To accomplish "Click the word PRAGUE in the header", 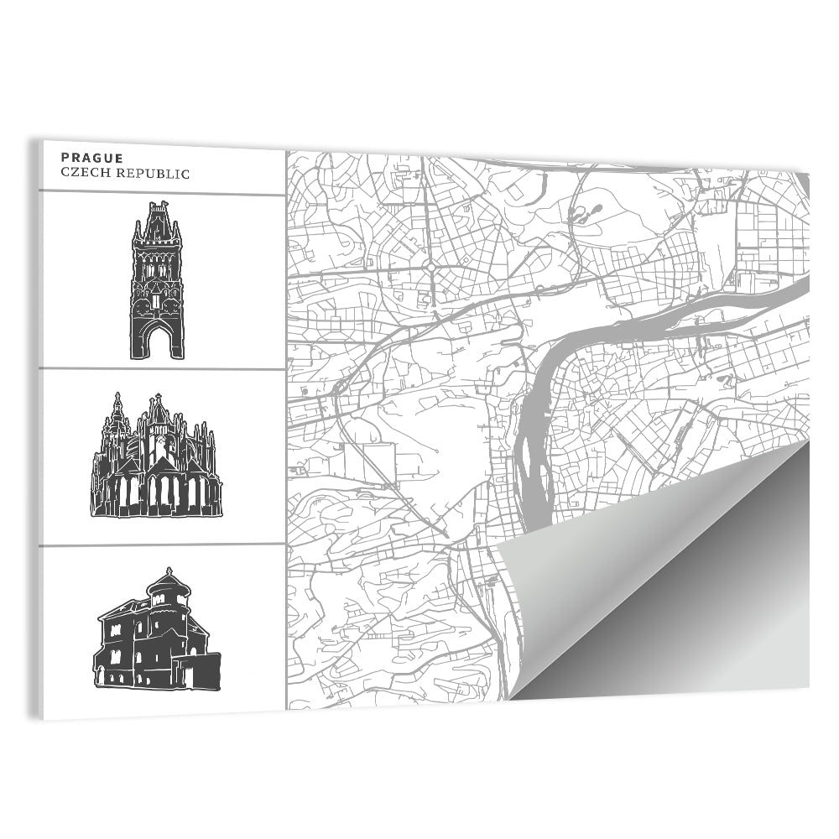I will point(92,158).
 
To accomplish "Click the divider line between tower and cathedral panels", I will point(162,368).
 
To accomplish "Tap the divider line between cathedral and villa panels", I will point(162,545).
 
